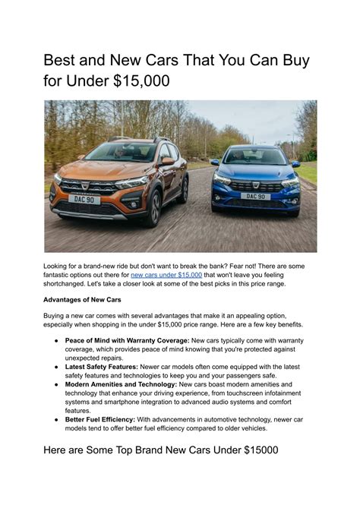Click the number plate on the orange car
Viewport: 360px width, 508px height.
click(x=84, y=199)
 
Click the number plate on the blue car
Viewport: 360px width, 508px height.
click(x=255, y=196)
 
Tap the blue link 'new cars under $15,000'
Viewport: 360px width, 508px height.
click(x=166, y=274)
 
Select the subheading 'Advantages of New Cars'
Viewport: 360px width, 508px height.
click(x=82, y=299)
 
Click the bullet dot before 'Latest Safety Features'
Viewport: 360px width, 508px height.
click(x=56, y=367)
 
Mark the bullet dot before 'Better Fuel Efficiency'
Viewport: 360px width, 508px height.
click(x=56, y=418)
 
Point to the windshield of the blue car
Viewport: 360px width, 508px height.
click(x=254, y=156)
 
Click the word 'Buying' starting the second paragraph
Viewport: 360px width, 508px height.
click(x=57, y=316)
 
